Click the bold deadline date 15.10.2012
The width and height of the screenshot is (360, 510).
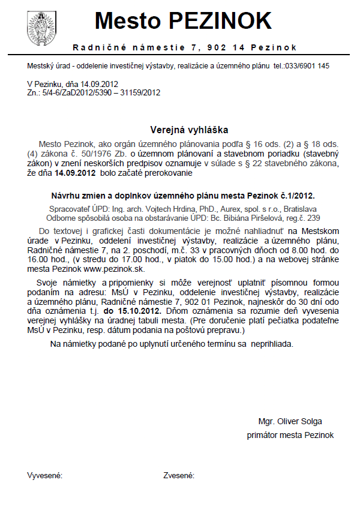coord(132,313)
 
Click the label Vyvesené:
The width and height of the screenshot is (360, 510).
coord(45,476)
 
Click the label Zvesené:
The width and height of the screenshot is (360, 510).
coord(179,476)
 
